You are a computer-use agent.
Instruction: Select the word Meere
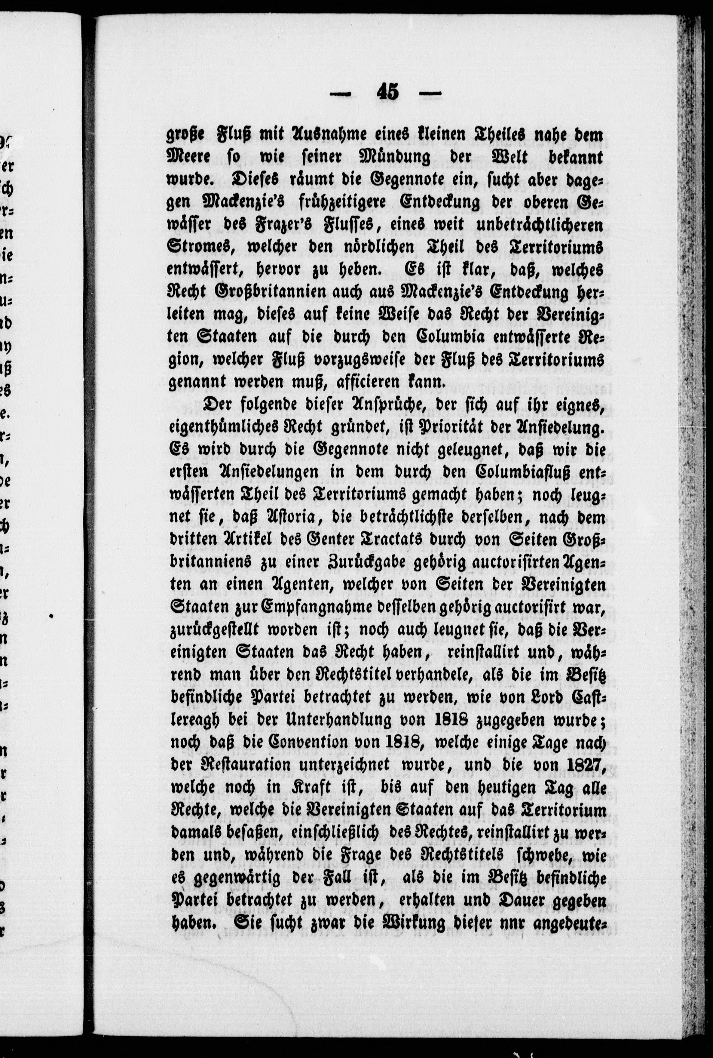coord(189,157)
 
